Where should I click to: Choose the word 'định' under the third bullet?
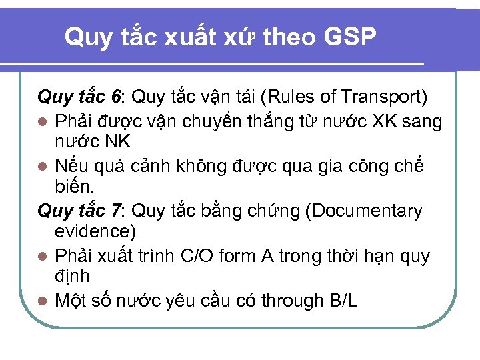click(x=72, y=276)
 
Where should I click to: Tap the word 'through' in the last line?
click(x=291, y=301)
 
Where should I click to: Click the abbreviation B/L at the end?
click(x=343, y=301)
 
